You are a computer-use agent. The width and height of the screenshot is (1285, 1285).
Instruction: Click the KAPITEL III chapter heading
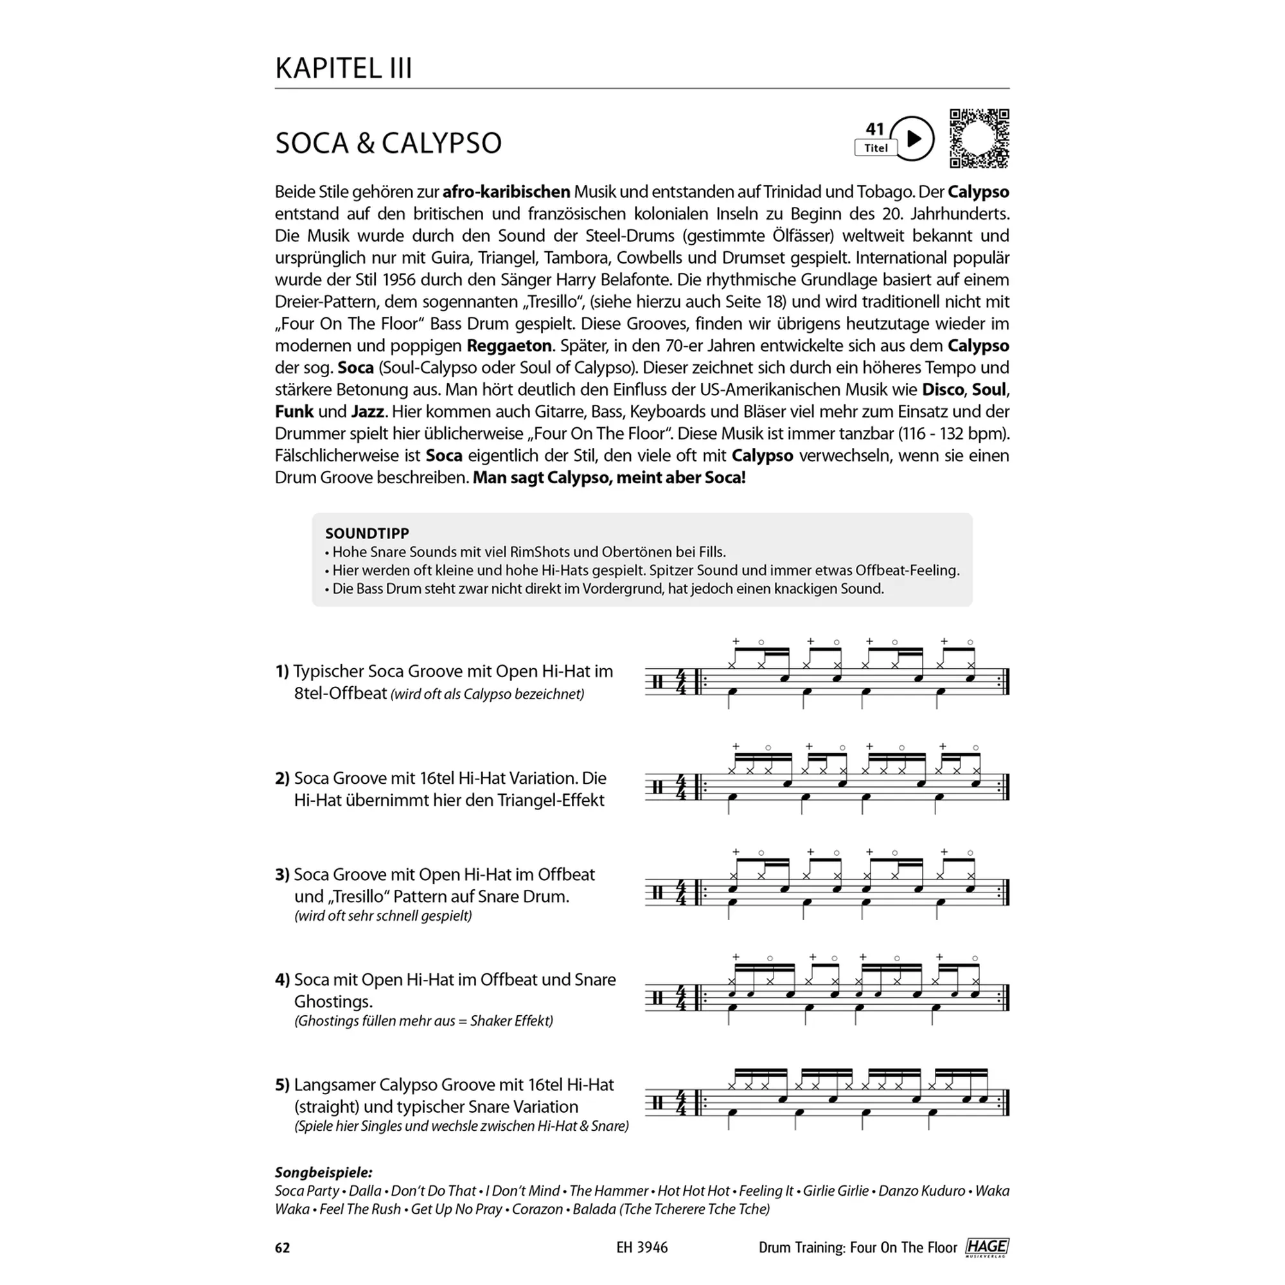pyautogui.click(x=343, y=69)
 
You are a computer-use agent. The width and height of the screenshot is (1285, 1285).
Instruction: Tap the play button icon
pyautogui.click(x=912, y=138)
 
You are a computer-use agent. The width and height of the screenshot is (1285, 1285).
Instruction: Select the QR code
pyautogui.click(x=979, y=138)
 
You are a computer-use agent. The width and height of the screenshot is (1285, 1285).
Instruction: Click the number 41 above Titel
pyautogui.click(x=874, y=129)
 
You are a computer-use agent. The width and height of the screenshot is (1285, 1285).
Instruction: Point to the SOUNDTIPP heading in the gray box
pyautogui.click(x=367, y=533)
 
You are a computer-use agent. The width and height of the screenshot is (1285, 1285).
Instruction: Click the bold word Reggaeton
pyautogui.click(x=509, y=346)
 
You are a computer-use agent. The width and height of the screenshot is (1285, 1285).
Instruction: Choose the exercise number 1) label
pyautogui.click(x=282, y=671)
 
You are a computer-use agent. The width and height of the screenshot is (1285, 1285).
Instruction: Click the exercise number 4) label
pyautogui.click(x=282, y=980)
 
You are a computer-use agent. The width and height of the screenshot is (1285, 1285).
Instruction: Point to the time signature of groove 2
pyautogui.click(x=681, y=788)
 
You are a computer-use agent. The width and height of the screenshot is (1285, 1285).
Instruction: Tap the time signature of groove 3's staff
pyautogui.click(x=681, y=892)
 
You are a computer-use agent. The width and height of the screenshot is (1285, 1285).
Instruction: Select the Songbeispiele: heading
pyautogui.click(x=324, y=1173)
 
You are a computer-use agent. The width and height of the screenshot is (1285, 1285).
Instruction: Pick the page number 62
pyautogui.click(x=283, y=1248)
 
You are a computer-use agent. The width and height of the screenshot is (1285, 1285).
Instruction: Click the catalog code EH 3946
pyautogui.click(x=642, y=1248)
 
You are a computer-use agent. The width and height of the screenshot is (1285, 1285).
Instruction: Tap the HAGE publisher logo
pyautogui.click(x=987, y=1247)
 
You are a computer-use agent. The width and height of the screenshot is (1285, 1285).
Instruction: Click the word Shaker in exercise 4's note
pyautogui.click(x=492, y=1021)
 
